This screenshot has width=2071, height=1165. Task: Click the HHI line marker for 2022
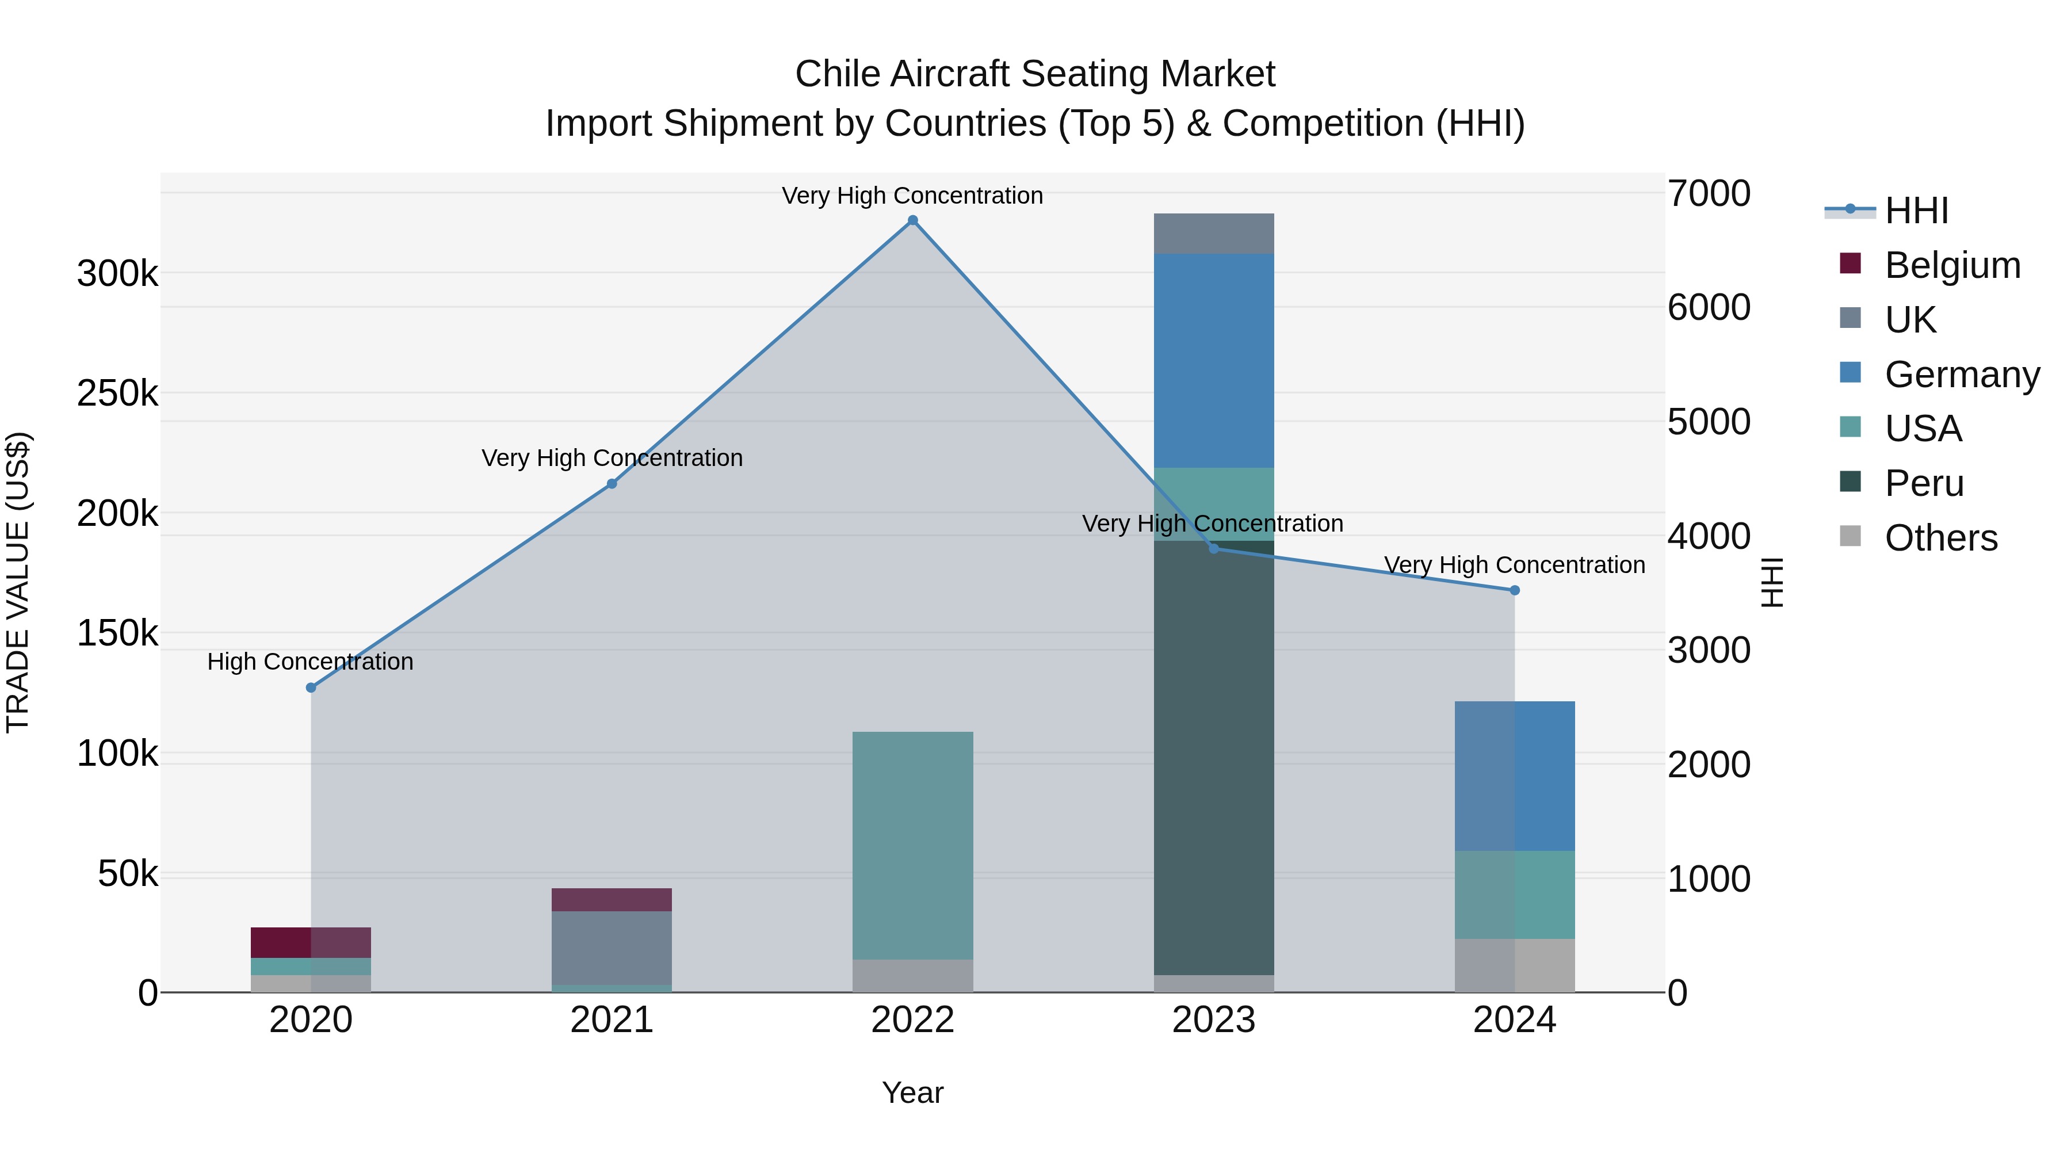click(912, 220)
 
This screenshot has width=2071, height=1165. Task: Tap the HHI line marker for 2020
click(311, 687)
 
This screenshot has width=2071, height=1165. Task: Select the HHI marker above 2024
click(1515, 590)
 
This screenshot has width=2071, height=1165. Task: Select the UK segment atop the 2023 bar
click(1213, 234)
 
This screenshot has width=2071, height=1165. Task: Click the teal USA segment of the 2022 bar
click(912, 844)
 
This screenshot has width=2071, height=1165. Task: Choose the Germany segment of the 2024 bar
click(1515, 776)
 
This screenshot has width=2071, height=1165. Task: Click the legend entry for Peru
click(1923, 483)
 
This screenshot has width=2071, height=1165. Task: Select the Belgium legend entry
click(1951, 265)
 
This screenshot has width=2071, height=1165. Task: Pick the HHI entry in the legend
click(1915, 211)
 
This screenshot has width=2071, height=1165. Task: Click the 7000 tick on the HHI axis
click(1709, 194)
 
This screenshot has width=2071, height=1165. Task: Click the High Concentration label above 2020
click(310, 662)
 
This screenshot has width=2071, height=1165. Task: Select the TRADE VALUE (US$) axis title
click(18, 582)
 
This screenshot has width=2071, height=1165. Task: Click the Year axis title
click(912, 1093)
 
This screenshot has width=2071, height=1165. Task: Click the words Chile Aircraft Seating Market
click(1035, 74)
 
